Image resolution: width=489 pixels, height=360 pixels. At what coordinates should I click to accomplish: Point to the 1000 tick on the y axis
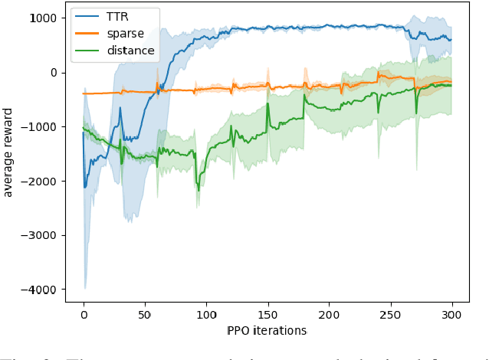tap(43, 18)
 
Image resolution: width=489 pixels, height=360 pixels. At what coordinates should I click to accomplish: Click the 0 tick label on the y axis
tap(54, 73)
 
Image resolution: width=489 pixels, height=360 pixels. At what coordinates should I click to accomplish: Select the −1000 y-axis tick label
tap(40, 127)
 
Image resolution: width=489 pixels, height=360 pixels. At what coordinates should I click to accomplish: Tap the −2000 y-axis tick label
tap(40, 182)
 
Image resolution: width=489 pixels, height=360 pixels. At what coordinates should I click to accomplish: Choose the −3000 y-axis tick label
tap(40, 235)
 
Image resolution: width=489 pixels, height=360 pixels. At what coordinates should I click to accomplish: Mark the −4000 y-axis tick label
tap(40, 290)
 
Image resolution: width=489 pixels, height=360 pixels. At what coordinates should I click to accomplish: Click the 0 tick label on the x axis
tap(84, 314)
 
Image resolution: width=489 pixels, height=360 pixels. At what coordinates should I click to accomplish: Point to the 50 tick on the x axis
tap(145, 314)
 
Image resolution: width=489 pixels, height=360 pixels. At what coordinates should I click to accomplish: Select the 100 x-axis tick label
tap(206, 314)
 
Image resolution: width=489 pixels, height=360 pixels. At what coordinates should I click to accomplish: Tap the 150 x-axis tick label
tap(267, 314)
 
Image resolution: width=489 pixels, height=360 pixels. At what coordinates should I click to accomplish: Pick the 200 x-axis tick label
tap(329, 314)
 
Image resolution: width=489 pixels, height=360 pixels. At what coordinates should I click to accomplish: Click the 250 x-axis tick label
tap(390, 314)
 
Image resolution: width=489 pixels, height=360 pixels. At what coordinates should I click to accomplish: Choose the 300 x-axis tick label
tap(451, 314)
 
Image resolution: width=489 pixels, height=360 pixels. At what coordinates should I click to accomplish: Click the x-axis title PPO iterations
tap(267, 330)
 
